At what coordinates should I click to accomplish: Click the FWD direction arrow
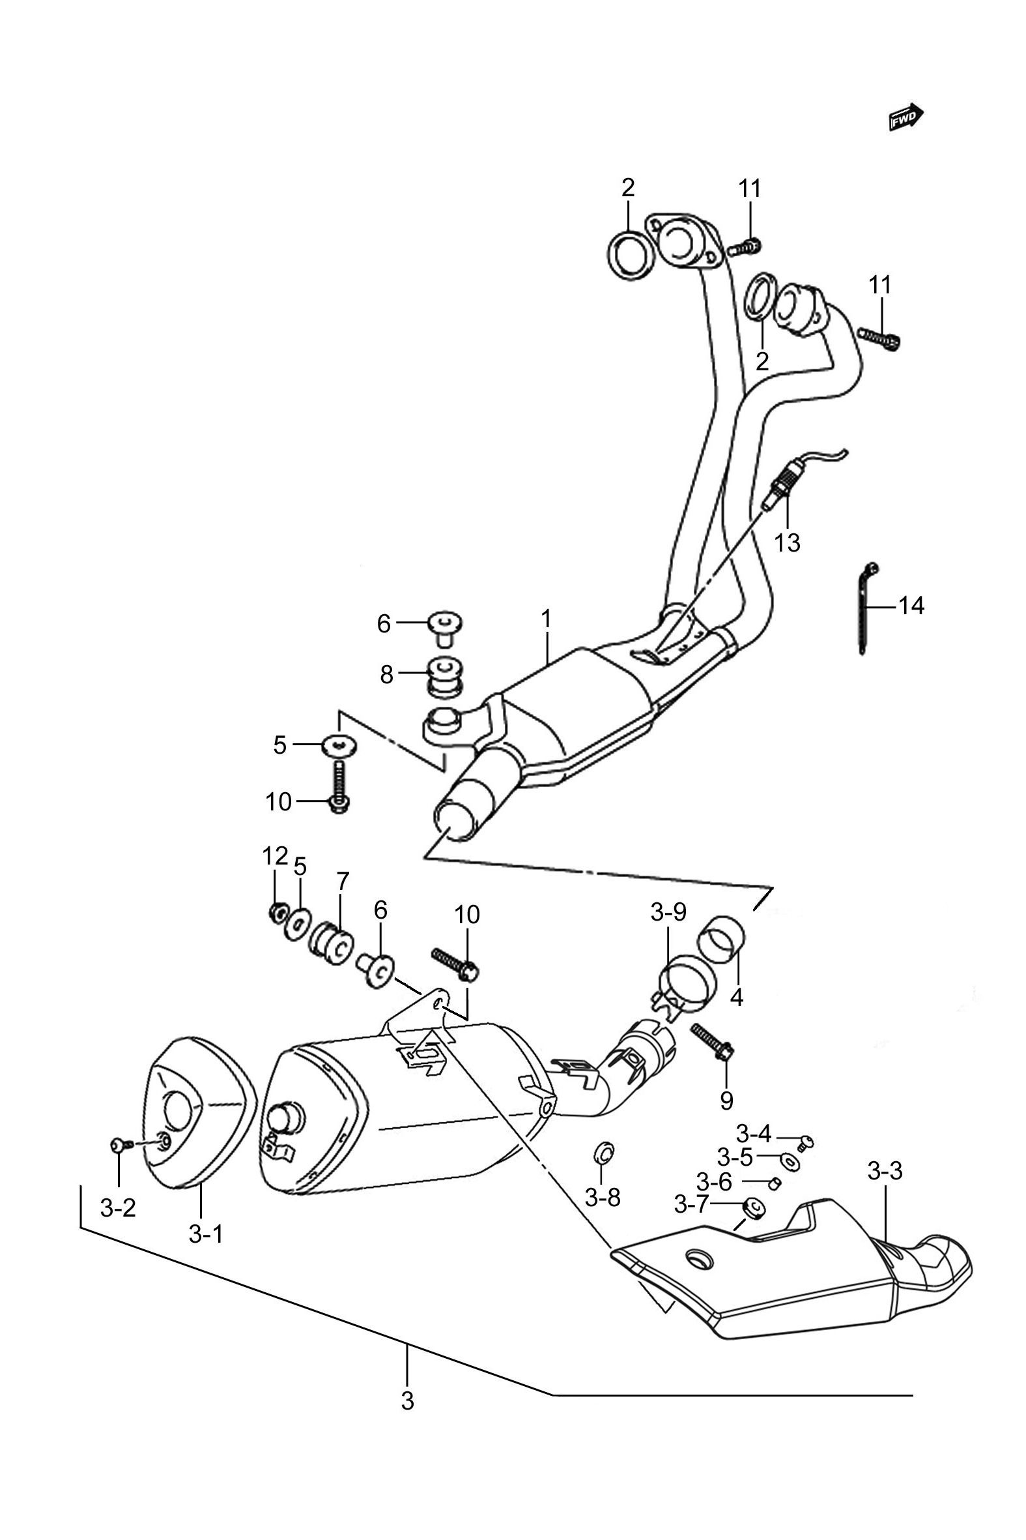point(906,117)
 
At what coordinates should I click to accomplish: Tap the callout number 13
point(787,542)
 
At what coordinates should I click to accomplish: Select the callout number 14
point(911,606)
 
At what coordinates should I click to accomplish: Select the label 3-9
point(668,912)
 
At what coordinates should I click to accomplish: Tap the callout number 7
point(342,881)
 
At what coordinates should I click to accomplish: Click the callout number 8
point(387,674)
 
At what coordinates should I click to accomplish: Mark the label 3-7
point(692,1204)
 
